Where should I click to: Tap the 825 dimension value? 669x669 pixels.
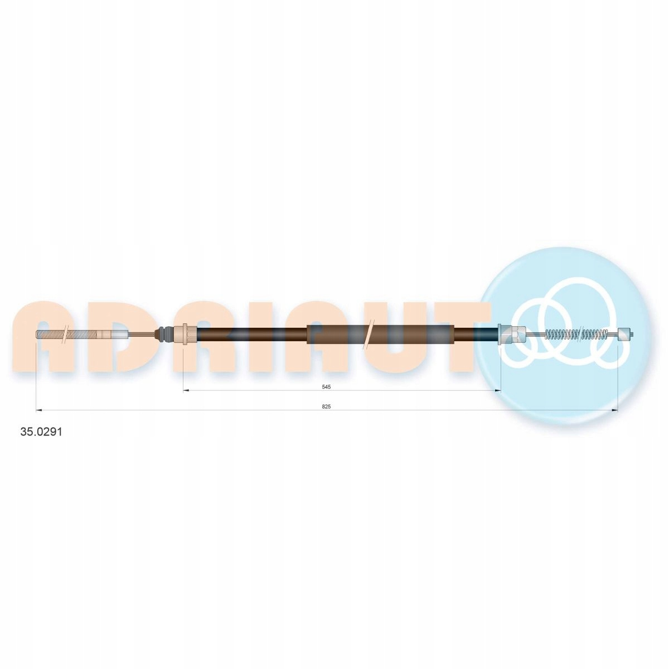[327, 407]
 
